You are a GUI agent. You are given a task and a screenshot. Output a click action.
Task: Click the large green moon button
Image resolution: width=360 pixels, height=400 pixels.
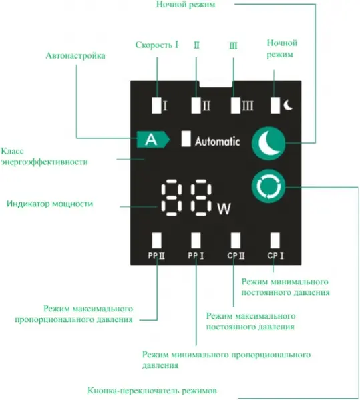pos(268,143)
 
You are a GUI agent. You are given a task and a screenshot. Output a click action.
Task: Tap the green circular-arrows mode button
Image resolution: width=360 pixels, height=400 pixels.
pos(268,186)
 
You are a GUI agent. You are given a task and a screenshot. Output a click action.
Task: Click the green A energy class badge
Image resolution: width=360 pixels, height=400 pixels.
pos(153,140)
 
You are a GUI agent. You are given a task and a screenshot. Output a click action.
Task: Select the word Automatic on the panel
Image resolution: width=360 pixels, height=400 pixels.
pos(218,141)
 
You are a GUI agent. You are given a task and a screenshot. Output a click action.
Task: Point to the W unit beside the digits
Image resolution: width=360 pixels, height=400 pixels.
pos(224,208)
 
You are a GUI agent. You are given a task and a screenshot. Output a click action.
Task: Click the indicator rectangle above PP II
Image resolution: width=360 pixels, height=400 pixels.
pos(156,240)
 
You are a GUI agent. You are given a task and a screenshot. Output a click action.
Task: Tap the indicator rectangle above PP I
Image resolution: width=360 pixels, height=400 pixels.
pos(196,240)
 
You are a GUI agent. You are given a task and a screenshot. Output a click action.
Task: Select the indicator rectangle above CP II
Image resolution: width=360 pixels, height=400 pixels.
pos(236,240)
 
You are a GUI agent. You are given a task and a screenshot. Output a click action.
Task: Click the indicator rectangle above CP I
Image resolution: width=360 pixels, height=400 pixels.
pos(275,240)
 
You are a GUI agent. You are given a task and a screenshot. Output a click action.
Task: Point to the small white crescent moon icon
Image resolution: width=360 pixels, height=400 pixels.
pos(289,105)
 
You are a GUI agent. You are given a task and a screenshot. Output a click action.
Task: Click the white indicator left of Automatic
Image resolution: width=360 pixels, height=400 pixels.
pos(186,139)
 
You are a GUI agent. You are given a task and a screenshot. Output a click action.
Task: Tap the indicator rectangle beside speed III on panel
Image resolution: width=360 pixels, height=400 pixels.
pos(236,106)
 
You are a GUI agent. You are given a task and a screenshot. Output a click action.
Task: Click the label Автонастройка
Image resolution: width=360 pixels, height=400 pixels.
pos(75,55)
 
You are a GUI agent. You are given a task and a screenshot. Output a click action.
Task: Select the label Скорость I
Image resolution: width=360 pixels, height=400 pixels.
pos(157,45)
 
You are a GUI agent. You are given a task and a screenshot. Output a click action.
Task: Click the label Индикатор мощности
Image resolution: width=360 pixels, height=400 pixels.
pos(49,204)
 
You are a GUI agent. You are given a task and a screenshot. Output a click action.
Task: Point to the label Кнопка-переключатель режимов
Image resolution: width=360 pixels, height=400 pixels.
pos(152,391)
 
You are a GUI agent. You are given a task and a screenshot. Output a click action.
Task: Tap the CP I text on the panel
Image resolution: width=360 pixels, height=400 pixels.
pos(276,256)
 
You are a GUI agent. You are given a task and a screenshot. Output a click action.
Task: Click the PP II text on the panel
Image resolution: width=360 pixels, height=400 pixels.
pos(156,256)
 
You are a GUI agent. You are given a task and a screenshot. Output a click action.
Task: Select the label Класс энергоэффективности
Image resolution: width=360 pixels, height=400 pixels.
pos(44,156)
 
